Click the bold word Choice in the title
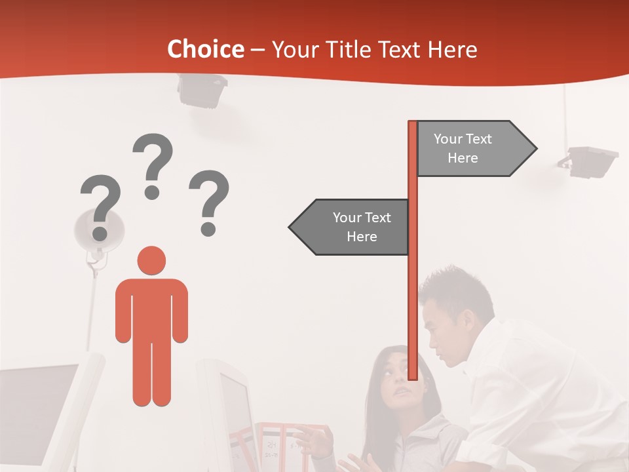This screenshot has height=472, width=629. (205, 49)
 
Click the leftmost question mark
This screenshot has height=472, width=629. (100, 206)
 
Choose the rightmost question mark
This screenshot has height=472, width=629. (209, 202)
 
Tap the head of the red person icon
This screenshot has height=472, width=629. (151, 260)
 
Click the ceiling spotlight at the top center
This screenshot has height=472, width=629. (201, 90)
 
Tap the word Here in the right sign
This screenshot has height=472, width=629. (463, 158)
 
